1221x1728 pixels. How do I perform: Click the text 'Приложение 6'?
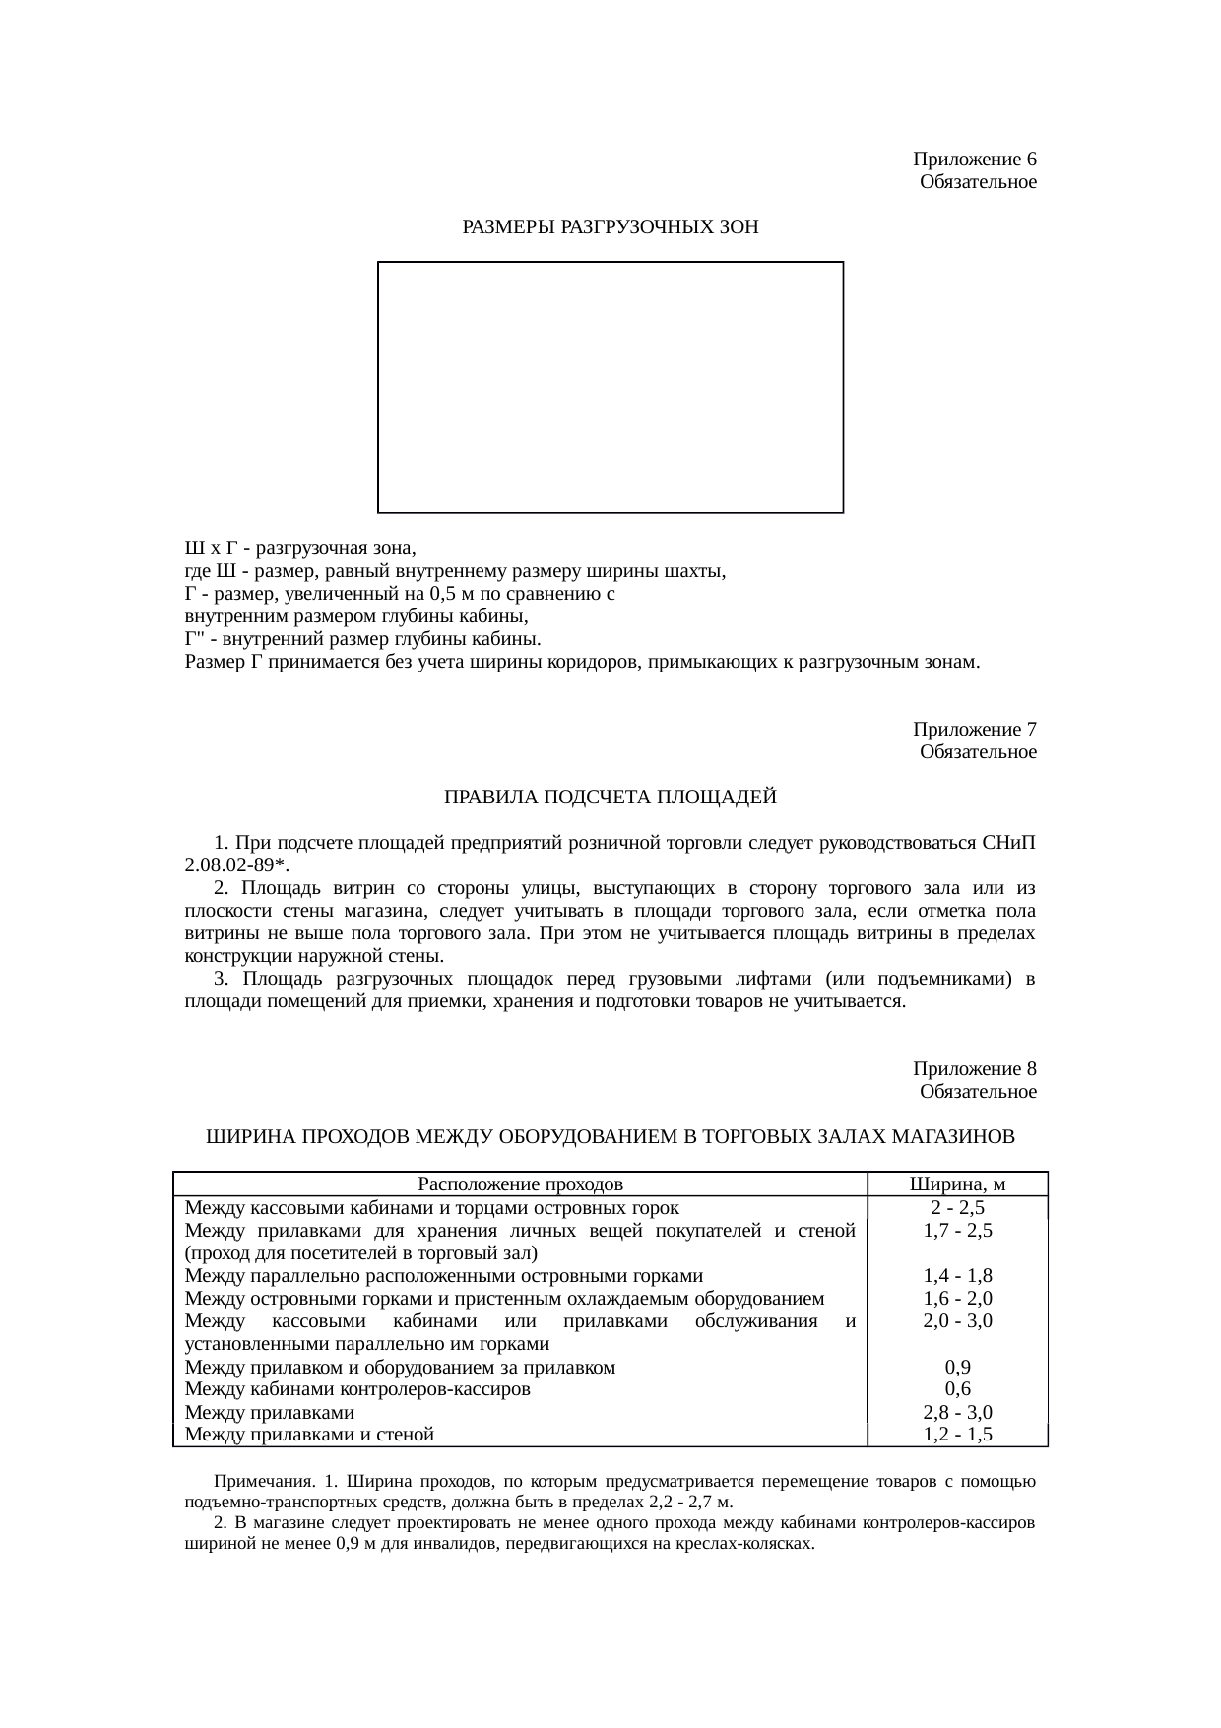pos(974,160)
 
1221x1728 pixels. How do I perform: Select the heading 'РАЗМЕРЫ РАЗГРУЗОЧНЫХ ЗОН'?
pos(610,227)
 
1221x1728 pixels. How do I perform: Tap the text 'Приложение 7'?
pos(974,730)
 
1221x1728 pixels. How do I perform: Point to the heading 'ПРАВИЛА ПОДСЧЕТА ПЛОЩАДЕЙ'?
pos(610,798)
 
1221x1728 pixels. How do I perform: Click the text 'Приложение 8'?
pos(974,1069)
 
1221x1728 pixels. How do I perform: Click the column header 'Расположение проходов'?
pos(520,1184)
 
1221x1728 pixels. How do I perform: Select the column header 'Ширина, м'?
pos(957,1184)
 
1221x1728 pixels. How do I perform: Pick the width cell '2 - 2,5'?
pos(957,1208)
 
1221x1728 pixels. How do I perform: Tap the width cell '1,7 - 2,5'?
pos(957,1231)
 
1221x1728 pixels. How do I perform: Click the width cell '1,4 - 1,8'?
pos(957,1276)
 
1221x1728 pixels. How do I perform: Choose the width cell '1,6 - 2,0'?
pos(957,1299)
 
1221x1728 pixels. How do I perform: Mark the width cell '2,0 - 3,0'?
pos(957,1321)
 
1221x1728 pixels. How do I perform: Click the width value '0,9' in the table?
pos(957,1367)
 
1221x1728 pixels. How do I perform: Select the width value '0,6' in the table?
pos(957,1389)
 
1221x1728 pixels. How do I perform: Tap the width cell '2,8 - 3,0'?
pos(957,1413)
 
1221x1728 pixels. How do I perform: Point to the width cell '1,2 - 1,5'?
pos(957,1435)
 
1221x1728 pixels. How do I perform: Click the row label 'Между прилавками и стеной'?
pos(309,1435)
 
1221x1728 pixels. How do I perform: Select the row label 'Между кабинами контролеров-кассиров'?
pos(356,1389)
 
